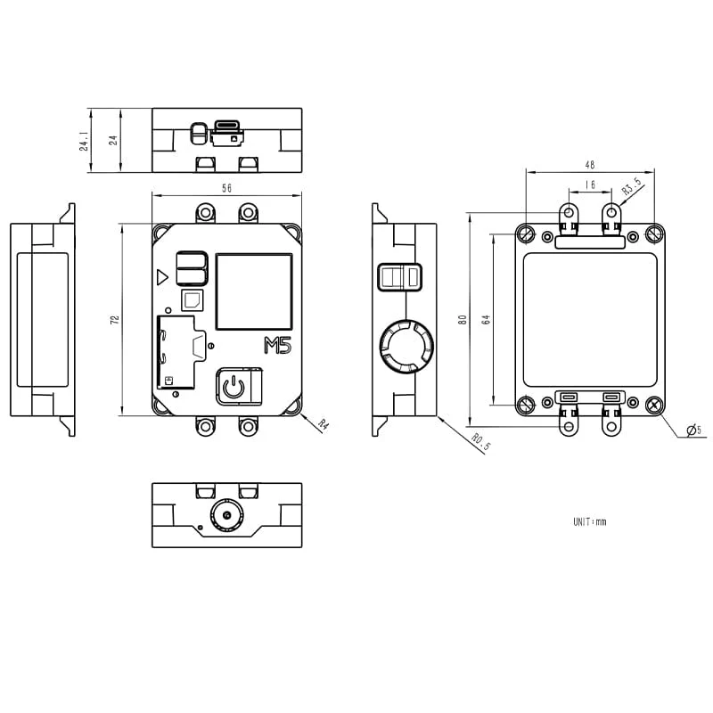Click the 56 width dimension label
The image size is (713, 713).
click(226, 188)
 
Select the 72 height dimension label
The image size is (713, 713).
click(115, 318)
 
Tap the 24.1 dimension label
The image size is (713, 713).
click(84, 141)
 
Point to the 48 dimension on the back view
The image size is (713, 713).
click(590, 164)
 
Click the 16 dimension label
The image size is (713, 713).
click(590, 184)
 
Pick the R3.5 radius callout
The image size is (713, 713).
click(631, 187)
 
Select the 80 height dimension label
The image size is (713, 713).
click(462, 318)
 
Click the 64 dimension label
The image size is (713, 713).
click(486, 318)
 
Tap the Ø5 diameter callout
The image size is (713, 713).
click(693, 431)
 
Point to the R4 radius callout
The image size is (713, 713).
click(323, 425)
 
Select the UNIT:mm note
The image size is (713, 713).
click(589, 521)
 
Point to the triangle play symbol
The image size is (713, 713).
click(161, 277)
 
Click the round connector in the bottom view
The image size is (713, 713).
click(226, 515)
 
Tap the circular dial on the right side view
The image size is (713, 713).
click(406, 346)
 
